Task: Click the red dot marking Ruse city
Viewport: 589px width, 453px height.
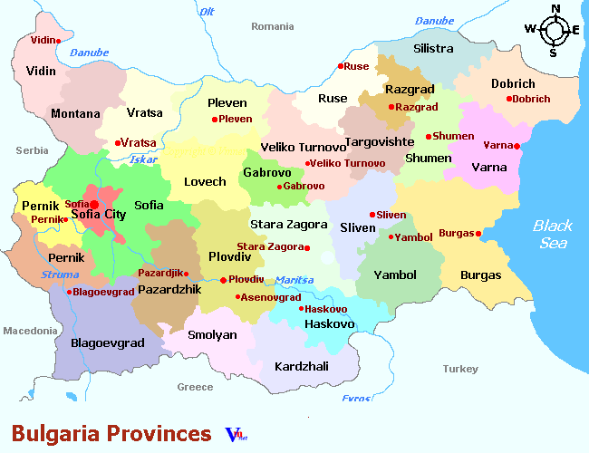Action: coord(341,66)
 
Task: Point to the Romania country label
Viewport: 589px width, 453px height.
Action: coord(273,27)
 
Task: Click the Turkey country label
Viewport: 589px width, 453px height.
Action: coord(460,369)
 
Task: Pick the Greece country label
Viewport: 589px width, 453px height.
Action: coord(195,387)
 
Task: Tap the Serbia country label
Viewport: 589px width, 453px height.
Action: coord(32,150)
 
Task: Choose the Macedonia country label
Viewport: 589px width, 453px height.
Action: coord(30,331)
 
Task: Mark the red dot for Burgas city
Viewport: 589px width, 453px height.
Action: coord(478,234)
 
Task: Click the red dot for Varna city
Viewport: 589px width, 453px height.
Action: coord(517,146)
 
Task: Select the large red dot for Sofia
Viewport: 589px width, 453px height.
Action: coord(94,205)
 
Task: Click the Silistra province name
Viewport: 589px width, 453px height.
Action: coord(432,48)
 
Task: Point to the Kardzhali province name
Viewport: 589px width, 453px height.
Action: coord(301,367)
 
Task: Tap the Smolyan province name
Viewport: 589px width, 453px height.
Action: coord(212,335)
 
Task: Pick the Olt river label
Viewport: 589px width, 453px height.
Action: coord(207,12)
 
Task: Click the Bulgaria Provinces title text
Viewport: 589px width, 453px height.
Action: coord(111,432)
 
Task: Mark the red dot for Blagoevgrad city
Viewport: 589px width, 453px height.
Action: coord(70,292)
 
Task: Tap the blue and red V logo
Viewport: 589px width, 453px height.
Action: coord(235,434)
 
